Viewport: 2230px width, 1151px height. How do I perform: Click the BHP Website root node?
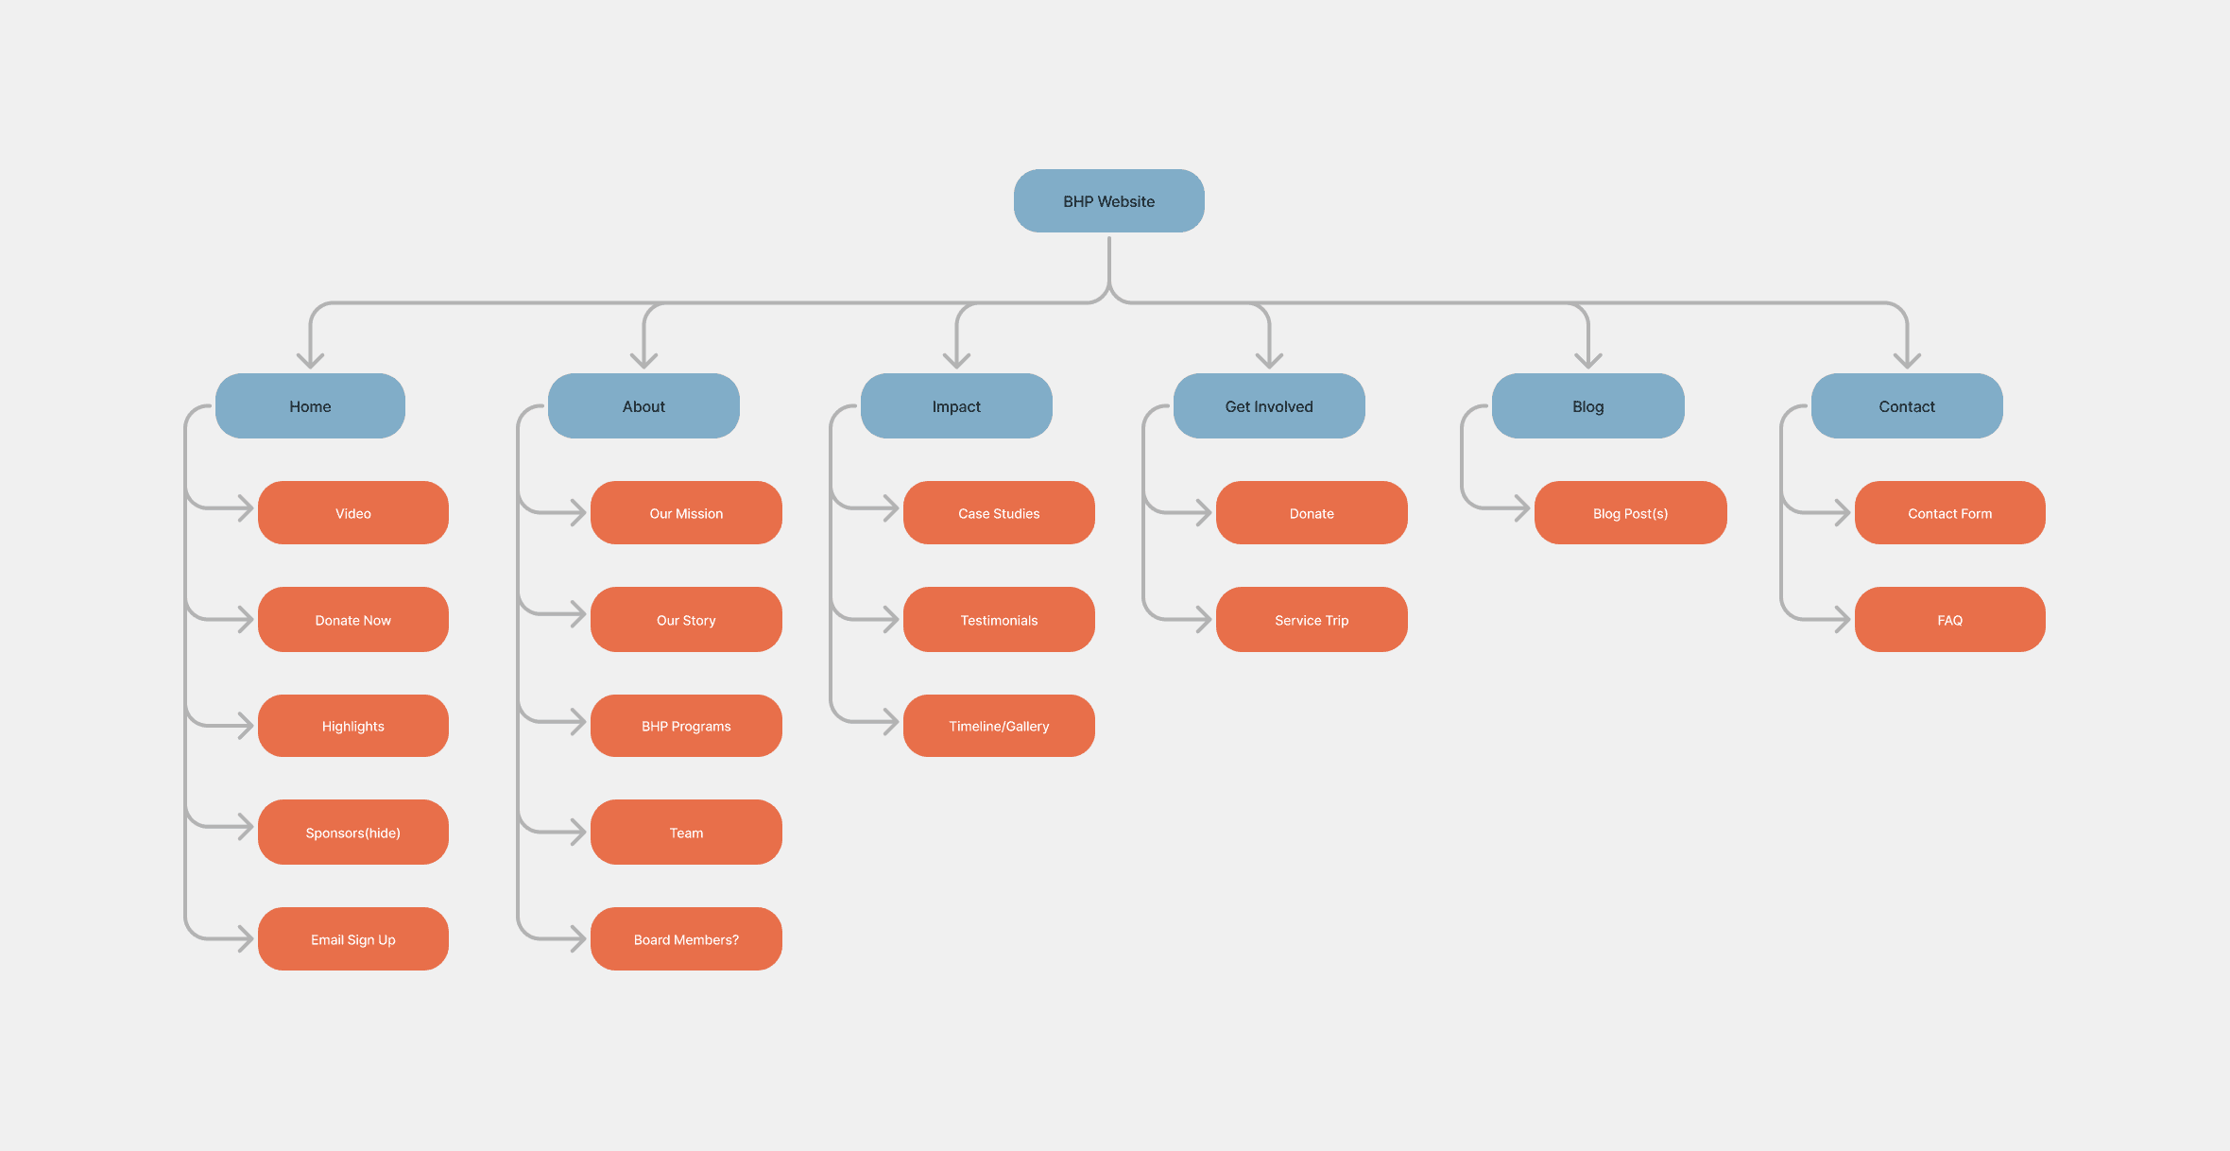1108,201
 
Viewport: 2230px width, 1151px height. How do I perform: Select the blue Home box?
310,406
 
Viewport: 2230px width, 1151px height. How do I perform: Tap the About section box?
643,406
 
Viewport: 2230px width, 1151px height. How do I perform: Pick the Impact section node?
956,406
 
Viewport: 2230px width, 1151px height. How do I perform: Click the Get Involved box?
1269,406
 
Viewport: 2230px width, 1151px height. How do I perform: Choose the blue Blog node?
1587,406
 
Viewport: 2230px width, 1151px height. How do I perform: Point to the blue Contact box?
1907,406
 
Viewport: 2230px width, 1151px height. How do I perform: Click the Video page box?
353,513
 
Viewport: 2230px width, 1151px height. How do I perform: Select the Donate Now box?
353,620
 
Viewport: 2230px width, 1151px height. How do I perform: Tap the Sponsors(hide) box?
353,833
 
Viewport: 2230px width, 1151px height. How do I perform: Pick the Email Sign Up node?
353,939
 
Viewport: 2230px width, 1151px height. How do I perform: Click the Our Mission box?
686,513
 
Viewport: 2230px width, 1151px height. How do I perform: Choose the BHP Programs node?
686,726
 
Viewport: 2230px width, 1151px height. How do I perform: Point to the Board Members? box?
686,939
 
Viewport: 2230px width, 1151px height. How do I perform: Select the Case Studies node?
999,513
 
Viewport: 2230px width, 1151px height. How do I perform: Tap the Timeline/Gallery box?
999,726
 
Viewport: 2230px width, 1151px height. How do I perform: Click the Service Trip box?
1312,620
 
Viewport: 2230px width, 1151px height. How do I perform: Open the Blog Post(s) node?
1630,513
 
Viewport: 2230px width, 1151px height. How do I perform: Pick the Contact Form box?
1949,513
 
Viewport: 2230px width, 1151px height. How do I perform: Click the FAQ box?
1949,620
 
